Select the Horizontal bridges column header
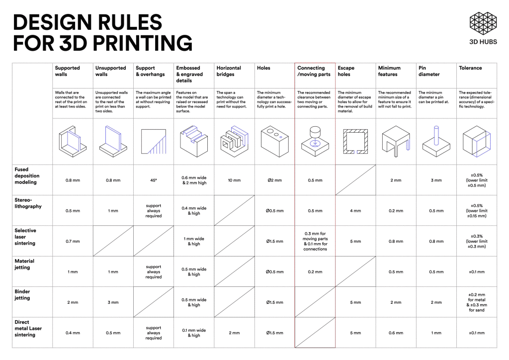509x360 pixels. pos(229,71)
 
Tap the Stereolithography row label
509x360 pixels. pos(28,203)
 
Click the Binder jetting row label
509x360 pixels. pos(22,295)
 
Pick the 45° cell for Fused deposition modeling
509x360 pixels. pos(153,180)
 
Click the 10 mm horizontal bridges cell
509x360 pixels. pos(234,180)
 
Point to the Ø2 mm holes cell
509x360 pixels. pos(274,180)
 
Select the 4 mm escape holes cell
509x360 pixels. pos(355,211)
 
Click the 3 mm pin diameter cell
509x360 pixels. pos(436,180)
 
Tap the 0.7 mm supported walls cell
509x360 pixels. pos(73,241)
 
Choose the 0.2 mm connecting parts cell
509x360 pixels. pos(315,271)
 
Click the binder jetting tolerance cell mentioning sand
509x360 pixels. pos(477,302)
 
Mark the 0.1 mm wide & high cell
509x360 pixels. pos(194,333)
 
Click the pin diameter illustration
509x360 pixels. pos(436,142)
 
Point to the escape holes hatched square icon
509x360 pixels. pos(355,142)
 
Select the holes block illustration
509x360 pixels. pos(274,142)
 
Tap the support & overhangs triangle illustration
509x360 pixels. pos(153,142)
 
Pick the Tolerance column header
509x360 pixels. pos(470,68)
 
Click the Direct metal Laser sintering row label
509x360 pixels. pos(28,328)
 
